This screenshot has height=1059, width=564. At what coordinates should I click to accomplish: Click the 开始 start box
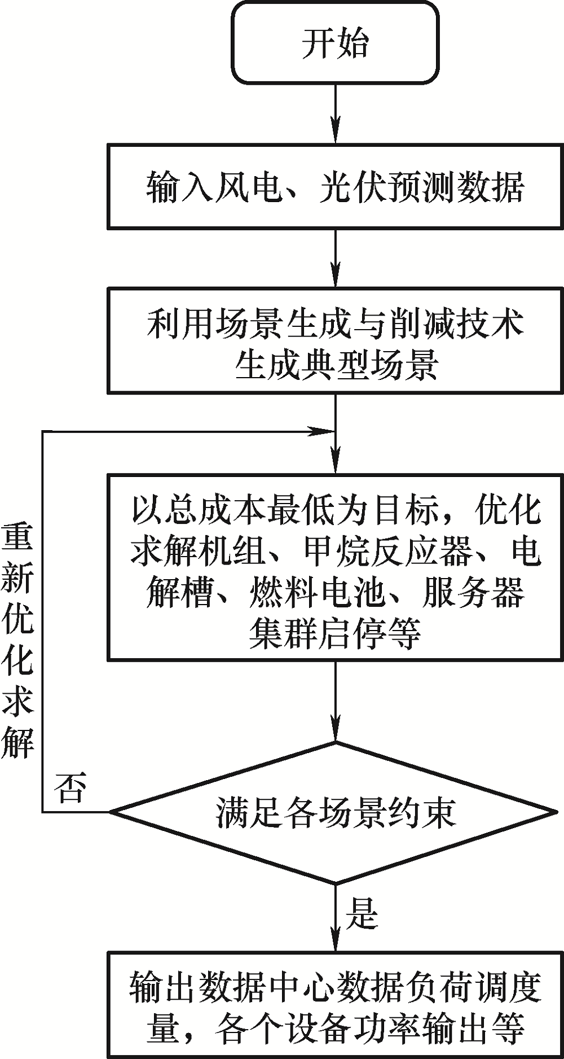335,42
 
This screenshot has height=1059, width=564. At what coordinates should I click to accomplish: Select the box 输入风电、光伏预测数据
335,186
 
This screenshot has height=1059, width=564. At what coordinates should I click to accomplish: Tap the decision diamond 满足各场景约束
335,813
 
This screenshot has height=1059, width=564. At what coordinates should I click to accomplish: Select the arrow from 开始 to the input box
336,113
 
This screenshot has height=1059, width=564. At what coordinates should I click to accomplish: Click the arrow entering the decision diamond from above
336,700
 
